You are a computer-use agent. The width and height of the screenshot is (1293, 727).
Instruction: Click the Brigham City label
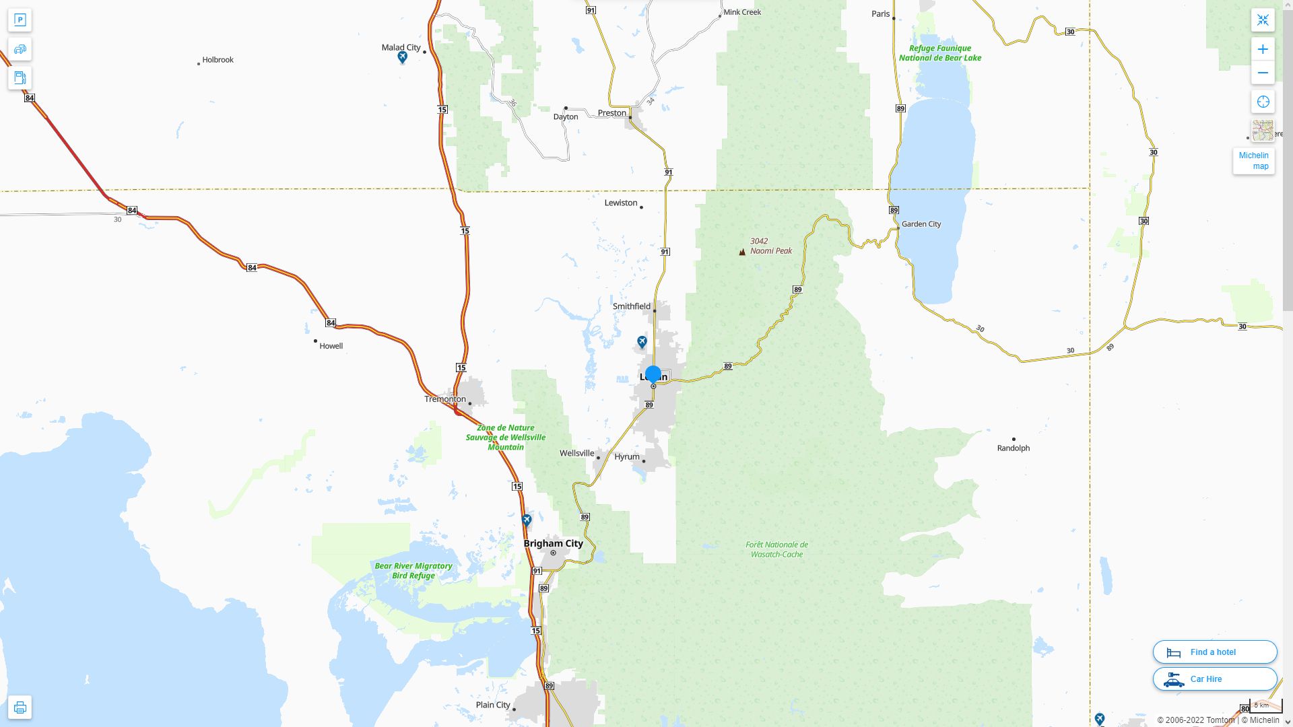coord(553,543)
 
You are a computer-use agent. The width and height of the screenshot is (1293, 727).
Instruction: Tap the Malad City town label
coord(401,48)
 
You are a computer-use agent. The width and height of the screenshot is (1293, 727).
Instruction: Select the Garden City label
coord(921,224)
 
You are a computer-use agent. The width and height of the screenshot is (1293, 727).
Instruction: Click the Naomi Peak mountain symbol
coord(742,252)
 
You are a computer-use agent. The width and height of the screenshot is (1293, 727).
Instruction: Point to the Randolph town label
coord(1013,448)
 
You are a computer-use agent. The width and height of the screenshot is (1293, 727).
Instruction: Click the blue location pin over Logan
coord(653,374)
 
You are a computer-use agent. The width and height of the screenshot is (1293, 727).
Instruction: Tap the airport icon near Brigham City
coord(527,520)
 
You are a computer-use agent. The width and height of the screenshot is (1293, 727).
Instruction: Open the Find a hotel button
coord(1214,652)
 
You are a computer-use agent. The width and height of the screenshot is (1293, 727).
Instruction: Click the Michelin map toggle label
coord(1253,161)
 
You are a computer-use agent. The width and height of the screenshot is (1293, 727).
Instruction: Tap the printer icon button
coord(20,707)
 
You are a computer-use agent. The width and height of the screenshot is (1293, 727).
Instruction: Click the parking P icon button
coord(20,20)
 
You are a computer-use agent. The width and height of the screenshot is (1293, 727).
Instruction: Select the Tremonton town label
coord(444,399)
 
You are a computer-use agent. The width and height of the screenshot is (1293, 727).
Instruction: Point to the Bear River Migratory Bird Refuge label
coord(413,571)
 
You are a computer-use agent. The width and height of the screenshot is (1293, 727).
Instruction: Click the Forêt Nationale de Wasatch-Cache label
coord(776,549)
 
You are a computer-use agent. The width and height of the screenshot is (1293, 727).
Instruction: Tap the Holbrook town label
coord(218,60)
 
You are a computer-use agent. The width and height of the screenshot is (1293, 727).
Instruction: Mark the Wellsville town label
coord(576,454)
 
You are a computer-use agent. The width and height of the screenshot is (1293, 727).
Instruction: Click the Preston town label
coord(611,113)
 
